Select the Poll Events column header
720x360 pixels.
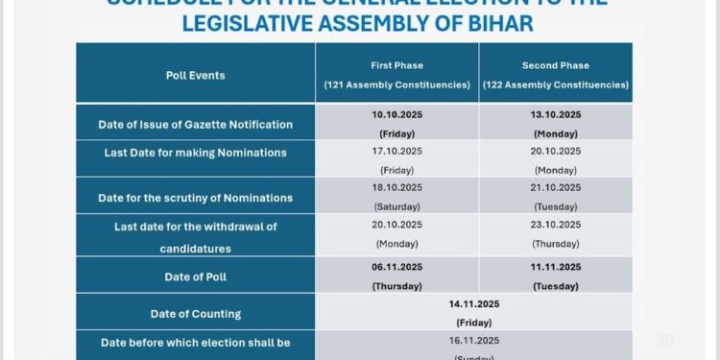(195, 75)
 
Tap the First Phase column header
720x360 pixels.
(396, 65)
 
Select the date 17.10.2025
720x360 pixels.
(396, 151)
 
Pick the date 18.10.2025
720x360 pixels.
(396, 187)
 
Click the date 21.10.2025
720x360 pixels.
(556, 187)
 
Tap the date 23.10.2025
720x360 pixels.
(556, 226)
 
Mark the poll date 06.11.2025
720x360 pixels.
(396, 266)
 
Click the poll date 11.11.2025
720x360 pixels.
(556, 266)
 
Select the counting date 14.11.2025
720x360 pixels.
(474, 304)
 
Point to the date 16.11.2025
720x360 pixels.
(474, 340)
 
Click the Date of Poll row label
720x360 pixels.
(195, 277)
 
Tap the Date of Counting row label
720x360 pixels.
(195, 313)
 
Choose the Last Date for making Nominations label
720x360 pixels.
(195, 153)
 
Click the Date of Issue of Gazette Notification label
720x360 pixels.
(195, 124)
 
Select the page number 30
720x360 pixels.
(664, 339)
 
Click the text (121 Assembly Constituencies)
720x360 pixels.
(396, 85)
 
